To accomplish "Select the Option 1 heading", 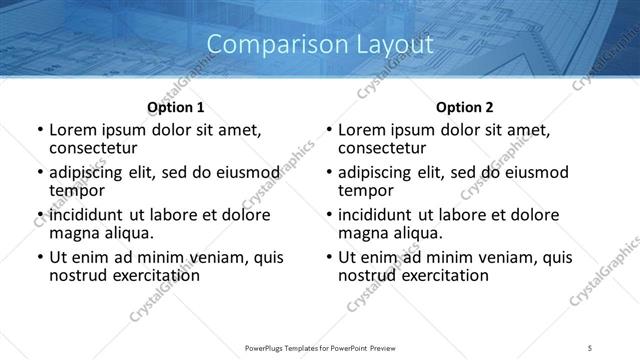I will (x=176, y=107).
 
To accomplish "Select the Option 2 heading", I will (x=465, y=107).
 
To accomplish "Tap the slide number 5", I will (x=590, y=348).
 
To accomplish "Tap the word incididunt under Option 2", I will (x=378, y=215).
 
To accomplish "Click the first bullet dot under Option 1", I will (x=40, y=130).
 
